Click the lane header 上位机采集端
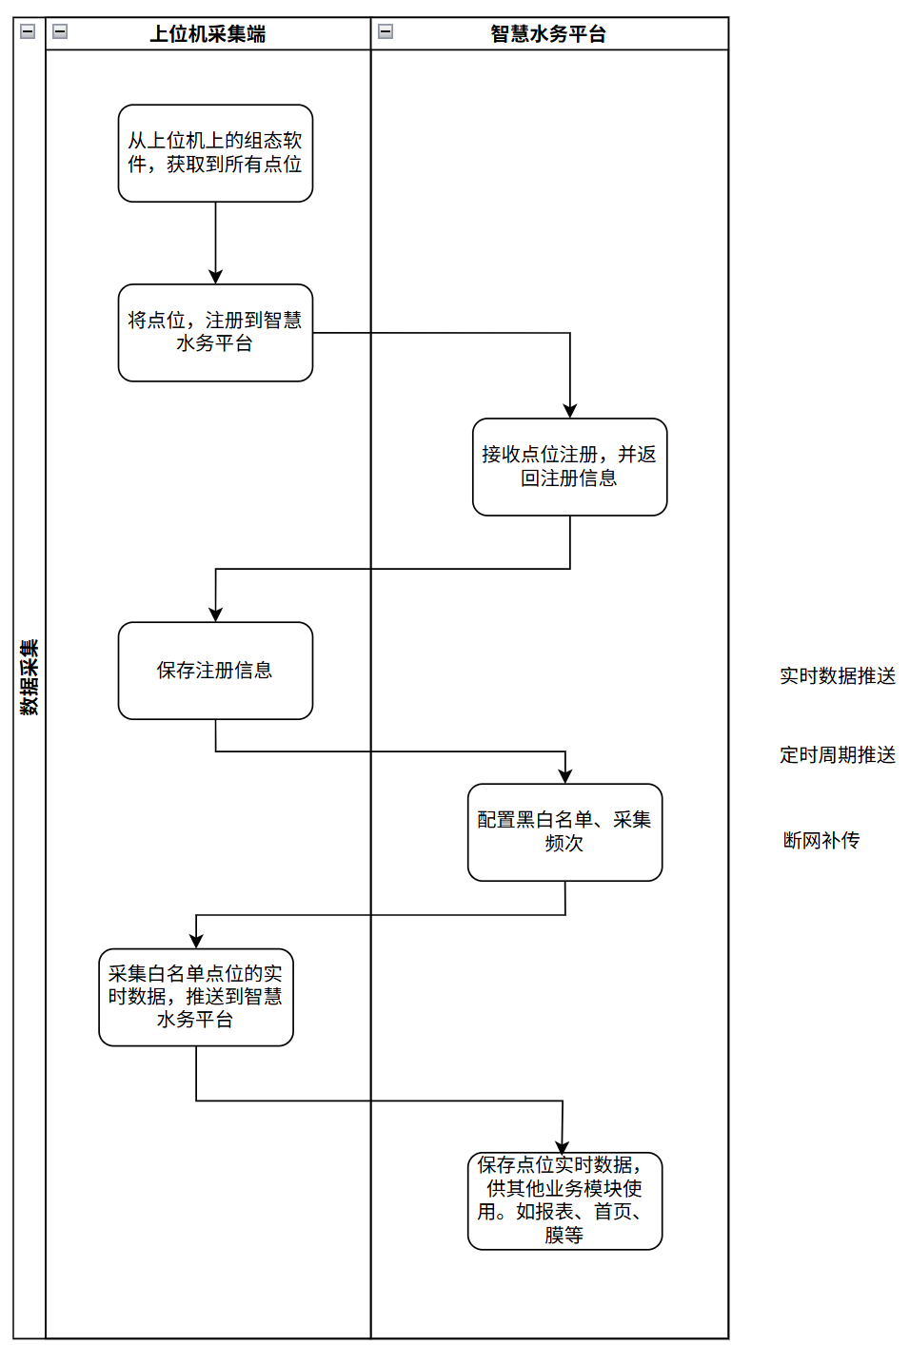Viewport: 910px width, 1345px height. click(208, 34)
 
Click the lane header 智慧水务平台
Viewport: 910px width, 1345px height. click(548, 34)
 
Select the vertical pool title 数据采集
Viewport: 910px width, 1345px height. click(30, 677)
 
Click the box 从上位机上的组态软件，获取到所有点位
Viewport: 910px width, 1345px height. click(215, 153)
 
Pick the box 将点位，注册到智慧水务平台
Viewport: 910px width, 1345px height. click(215, 333)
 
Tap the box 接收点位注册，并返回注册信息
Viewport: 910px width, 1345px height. click(569, 467)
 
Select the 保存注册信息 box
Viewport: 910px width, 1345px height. click(215, 671)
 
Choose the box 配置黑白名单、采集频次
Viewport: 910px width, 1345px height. click(564, 832)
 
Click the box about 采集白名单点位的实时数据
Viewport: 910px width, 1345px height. click(196, 997)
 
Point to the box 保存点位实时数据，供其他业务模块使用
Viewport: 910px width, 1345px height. click(564, 1200)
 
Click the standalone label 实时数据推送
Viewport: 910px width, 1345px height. click(838, 676)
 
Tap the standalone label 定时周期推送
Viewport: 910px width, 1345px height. click(838, 755)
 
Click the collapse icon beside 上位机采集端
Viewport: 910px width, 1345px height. click(60, 31)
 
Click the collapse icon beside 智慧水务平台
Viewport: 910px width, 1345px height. click(386, 31)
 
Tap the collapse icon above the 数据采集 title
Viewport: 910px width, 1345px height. click(28, 31)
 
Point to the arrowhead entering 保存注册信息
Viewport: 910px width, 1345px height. click(216, 614)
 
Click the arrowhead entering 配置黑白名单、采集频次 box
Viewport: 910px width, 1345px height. click(565, 776)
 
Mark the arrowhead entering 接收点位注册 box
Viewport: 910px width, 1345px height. click(570, 411)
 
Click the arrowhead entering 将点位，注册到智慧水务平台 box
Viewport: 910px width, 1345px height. click(216, 277)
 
